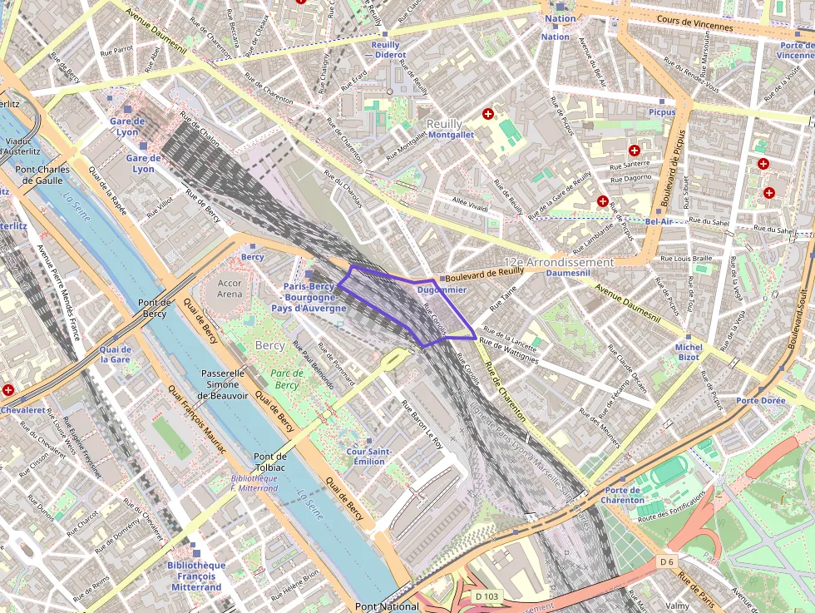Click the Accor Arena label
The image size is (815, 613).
[x=230, y=289]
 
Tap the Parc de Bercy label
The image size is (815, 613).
[x=286, y=379]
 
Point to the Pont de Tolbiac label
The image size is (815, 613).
[x=269, y=462]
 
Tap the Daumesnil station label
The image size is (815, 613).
[x=568, y=273]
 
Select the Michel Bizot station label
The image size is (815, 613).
[x=688, y=352]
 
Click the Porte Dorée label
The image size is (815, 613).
[x=760, y=400]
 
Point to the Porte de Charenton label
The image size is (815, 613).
[x=624, y=495]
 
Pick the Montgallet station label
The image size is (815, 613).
[x=450, y=134]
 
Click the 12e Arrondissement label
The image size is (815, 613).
[x=558, y=262]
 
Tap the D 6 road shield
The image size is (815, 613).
[x=666, y=561]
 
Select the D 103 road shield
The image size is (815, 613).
[x=487, y=596]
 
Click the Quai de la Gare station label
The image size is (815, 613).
[x=115, y=354]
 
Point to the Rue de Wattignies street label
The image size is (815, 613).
[x=509, y=350]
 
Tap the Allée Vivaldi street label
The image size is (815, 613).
[x=470, y=205]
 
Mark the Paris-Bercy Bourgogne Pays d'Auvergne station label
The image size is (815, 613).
[x=314, y=297]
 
